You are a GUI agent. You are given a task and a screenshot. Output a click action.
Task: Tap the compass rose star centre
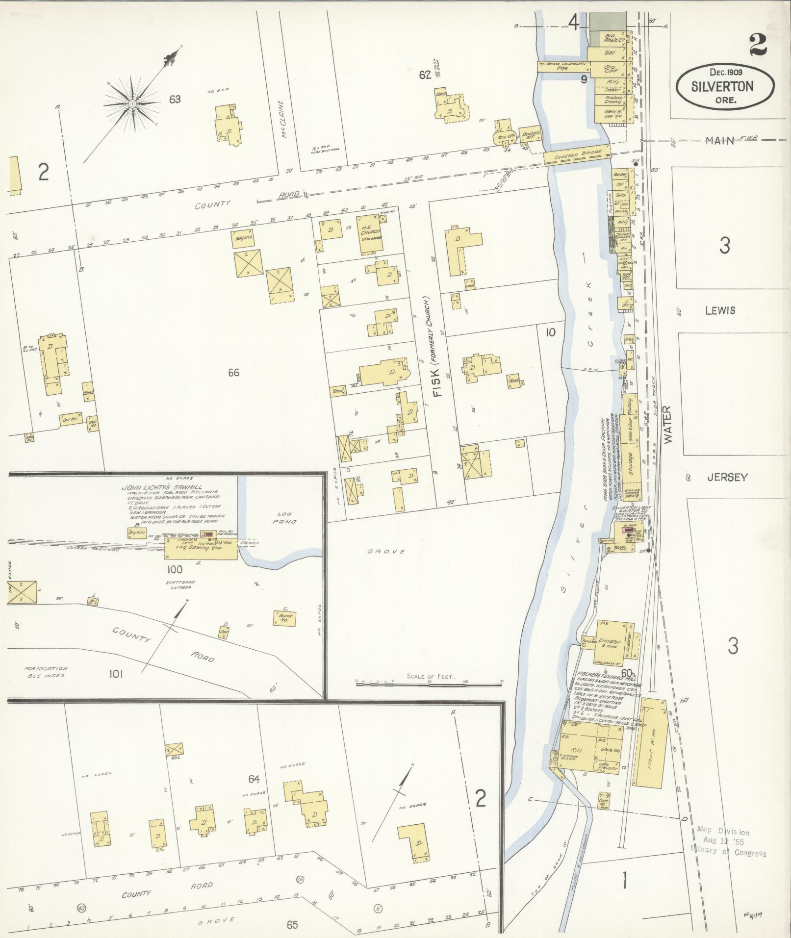pos(132,104)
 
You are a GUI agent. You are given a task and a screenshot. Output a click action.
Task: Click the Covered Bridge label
pos(576,154)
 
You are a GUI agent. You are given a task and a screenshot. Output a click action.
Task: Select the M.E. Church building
pos(371,234)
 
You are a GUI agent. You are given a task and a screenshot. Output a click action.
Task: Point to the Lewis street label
pos(720,310)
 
